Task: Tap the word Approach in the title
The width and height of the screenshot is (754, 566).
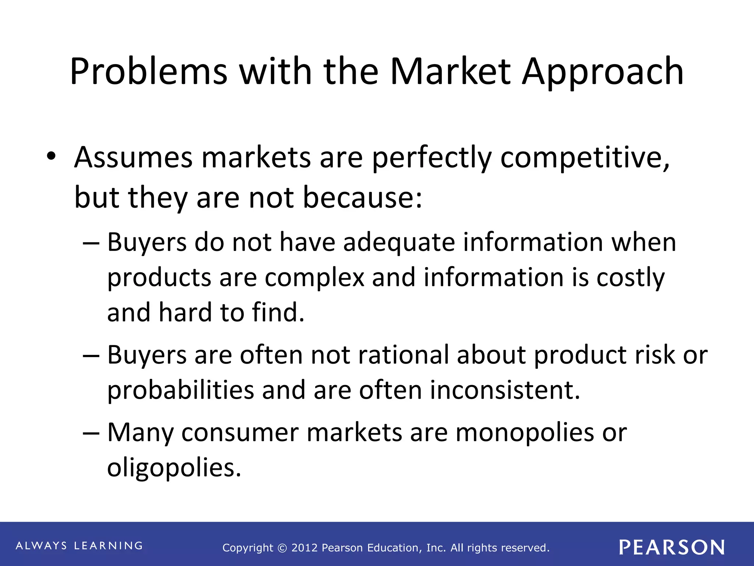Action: tap(603, 72)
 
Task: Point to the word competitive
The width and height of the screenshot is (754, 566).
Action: tap(585, 158)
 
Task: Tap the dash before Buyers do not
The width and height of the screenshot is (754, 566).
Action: tap(91, 244)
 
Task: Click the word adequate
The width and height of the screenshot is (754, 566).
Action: tap(399, 243)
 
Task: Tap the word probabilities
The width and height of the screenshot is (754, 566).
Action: tap(180, 391)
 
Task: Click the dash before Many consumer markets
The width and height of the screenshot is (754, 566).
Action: tap(91, 433)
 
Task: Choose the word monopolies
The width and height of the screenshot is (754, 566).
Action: tap(524, 433)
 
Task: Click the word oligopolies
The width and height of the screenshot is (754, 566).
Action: tap(174, 468)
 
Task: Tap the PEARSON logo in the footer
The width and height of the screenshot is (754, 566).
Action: tap(672, 547)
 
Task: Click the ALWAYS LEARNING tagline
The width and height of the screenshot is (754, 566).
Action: tap(79, 546)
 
